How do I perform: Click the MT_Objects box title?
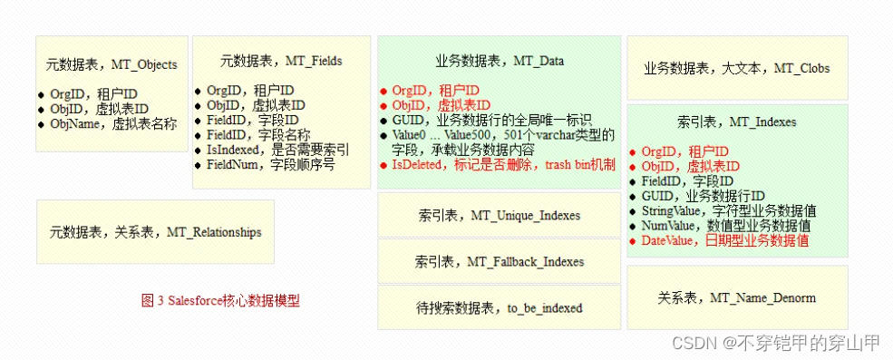(112, 64)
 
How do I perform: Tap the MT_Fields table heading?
(281, 61)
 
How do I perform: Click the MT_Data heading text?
(499, 61)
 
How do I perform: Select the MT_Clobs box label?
(736, 68)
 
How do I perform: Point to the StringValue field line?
(727, 211)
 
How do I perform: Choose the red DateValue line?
(725, 240)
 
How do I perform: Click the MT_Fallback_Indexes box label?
(500, 261)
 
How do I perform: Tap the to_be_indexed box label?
(499, 307)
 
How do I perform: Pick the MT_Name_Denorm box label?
(736, 297)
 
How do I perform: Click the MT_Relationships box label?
(155, 232)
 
